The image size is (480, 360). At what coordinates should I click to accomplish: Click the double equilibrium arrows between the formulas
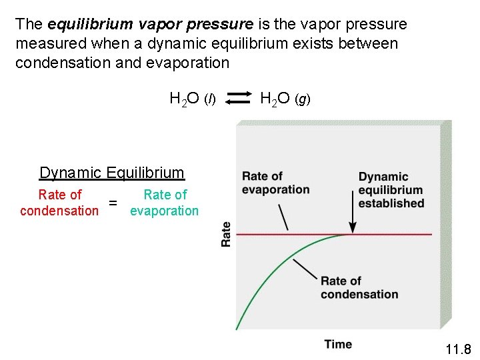point(237,99)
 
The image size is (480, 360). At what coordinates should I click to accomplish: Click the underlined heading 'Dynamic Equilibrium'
point(112,173)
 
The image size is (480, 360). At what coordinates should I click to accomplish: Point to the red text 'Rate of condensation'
point(59,203)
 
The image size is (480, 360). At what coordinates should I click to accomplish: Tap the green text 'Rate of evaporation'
point(165,203)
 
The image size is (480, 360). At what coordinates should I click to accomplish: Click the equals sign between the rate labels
point(113,203)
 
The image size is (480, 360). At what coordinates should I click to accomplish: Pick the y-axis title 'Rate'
point(226,234)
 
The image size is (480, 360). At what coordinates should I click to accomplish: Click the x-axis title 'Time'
point(338,344)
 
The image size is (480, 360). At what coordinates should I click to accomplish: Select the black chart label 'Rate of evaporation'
point(275,183)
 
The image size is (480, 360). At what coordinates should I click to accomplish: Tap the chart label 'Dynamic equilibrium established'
point(391,190)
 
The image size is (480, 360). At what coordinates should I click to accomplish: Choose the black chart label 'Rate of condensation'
point(359,287)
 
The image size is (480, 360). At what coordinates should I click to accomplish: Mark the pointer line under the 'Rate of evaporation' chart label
point(283,216)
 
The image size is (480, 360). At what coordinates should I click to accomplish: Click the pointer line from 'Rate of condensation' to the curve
point(305,269)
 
